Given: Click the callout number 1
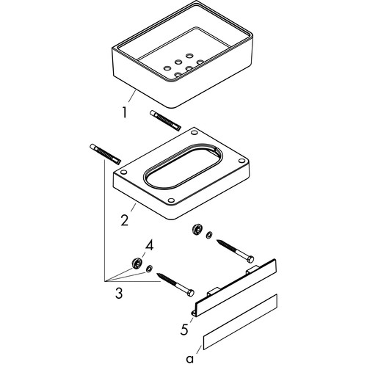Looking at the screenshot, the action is coord(125,113).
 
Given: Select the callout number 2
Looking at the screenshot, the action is coord(125,220).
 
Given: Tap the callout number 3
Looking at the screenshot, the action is coord(119,293).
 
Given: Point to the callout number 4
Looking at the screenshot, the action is coord(150,245).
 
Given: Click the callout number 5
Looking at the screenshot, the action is coord(184,329).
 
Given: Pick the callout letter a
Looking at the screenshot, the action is coord(190,359).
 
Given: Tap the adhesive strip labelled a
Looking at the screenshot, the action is coord(240,321).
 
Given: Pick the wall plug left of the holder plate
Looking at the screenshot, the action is coord(106,153).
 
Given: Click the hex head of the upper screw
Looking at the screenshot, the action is coord(250,259).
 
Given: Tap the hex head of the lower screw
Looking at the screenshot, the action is coord(190,293).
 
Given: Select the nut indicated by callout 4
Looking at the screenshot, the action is coord(136,264).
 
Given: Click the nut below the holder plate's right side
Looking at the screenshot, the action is coord(197,229).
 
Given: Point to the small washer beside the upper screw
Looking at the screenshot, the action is coord(209,236).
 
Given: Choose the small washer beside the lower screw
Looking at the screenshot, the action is coord(149,269).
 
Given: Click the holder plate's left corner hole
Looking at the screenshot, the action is coord(124,172).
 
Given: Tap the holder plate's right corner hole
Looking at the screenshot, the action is coord(241,161).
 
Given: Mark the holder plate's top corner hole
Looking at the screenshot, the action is coord(195,133).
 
